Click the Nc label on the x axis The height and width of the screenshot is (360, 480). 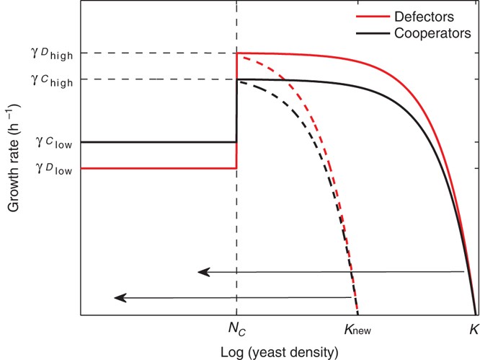click(x=236, y=329)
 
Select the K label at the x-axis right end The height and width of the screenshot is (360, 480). click(x=473, y=328)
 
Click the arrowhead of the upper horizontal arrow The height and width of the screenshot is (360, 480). click(x=204, y=272)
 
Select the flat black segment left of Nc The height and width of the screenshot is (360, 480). click(x=159, y=142)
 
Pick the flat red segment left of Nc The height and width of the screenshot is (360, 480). click(x=159, y=168)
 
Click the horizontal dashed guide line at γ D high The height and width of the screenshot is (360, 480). click(x=159, y=53)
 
